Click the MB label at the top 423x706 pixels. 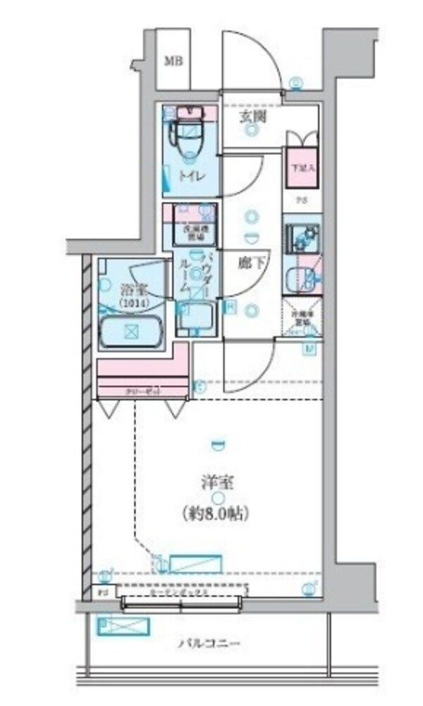[173, 61]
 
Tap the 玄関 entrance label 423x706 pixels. [252, 118]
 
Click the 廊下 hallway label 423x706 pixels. [250, 264]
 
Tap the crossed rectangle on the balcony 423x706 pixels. [123, 625]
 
